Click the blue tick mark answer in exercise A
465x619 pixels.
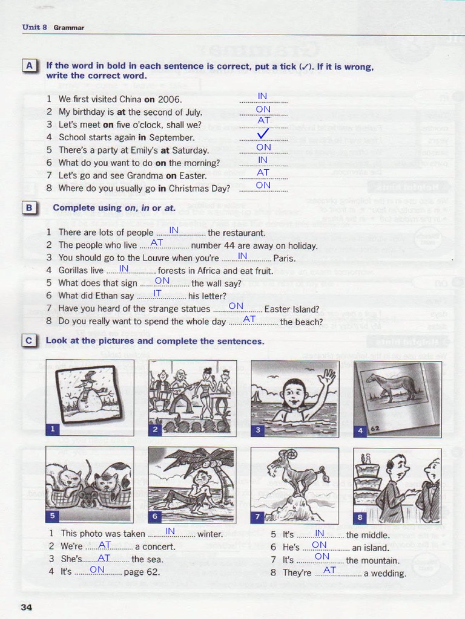pos(263,135)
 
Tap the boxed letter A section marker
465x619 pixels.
pos(29,66)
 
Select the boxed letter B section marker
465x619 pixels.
pos(29,208)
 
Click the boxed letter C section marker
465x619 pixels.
pos(29,341)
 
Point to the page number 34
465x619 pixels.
pos(26,607)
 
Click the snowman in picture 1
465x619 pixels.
pos(90,392)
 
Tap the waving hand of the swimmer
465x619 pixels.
pos(326,380)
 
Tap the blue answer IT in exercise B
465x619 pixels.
pos(157,293)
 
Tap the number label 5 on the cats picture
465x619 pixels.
pos(53,516)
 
